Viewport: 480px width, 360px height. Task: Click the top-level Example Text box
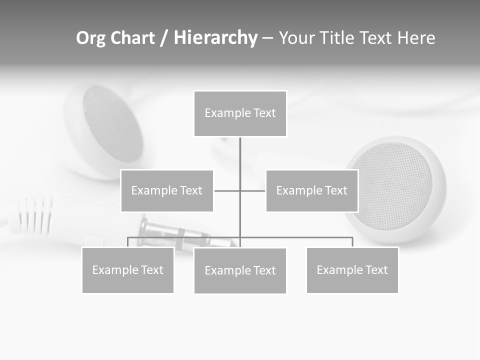click(x=240, y=113)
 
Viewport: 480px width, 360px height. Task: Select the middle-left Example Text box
click(x=166, y=190)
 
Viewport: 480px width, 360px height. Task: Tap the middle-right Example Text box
click(x=311, y=190)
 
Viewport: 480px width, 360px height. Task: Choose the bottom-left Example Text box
click(x=127, y=270)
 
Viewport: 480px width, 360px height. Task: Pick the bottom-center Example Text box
click(x=240, y=270)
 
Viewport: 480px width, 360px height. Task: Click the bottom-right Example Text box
click(x=352, y=270)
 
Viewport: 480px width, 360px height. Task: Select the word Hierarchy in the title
click(x=215, y=38)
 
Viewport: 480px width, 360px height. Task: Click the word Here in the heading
click(x=416, y=38)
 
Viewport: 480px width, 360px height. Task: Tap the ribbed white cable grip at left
click(x=32, y=215)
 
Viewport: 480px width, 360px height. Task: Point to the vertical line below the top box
click(x=240, y=155)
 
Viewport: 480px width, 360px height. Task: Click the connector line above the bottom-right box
click(x=352, y=241)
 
